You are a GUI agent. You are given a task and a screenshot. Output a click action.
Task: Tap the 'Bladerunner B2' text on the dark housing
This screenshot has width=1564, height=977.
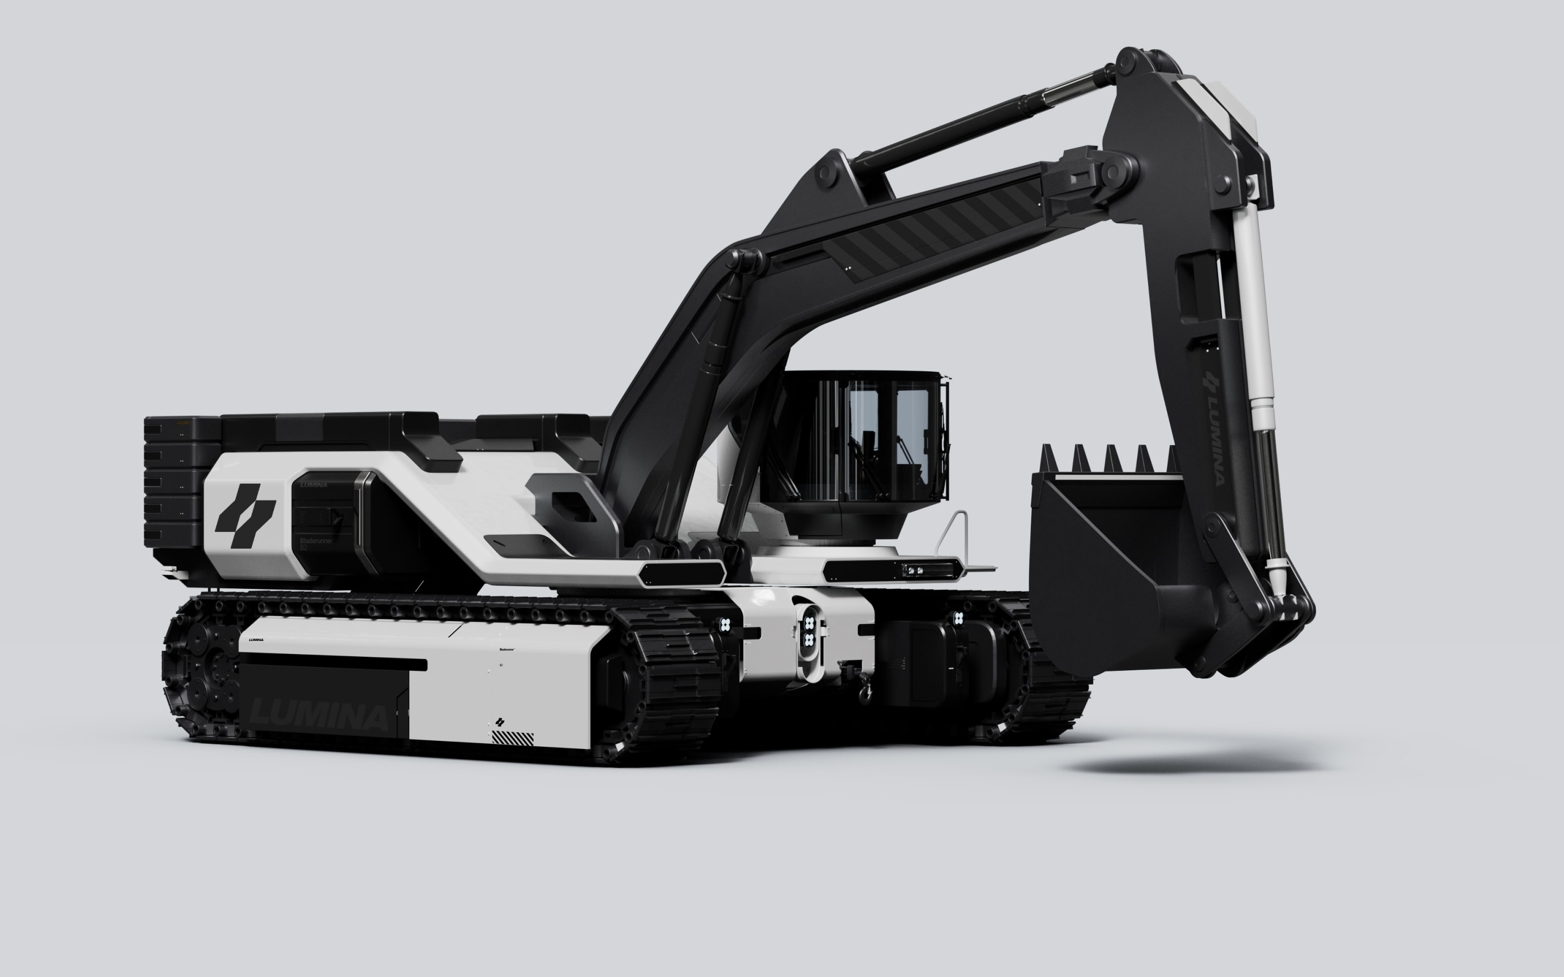point(316,544)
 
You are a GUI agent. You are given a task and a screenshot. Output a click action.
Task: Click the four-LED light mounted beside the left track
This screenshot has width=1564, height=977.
point(725,624)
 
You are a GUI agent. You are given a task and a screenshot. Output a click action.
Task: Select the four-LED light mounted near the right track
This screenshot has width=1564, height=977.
point(958,618)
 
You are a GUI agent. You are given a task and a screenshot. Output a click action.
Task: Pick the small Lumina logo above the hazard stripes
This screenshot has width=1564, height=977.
point(499,722)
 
